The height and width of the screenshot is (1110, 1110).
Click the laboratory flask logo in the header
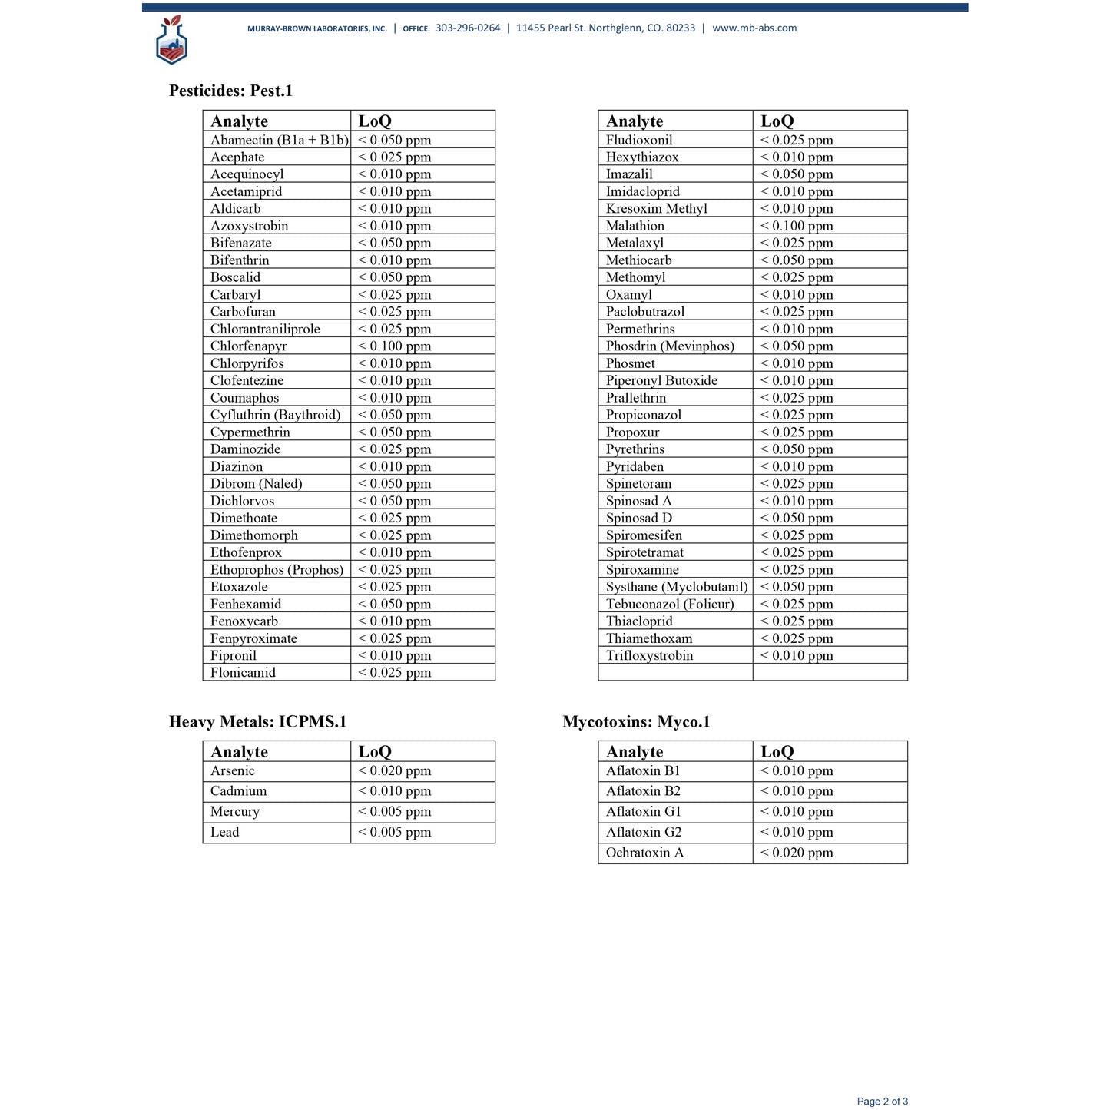coord(171,40)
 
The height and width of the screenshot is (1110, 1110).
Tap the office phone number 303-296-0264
coord(467,28)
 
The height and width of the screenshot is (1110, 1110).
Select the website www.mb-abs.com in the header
coord(754,28)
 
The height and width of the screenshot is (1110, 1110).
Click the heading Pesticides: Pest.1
coord(230,91)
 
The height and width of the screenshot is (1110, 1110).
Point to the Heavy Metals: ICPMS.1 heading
coord(257,722)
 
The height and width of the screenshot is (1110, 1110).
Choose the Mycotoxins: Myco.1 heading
coord(636,722)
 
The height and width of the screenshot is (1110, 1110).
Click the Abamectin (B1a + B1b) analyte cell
coord(279,140)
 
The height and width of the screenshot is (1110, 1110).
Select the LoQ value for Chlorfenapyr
coord(394,346)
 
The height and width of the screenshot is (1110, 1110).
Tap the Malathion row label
coord(635,226)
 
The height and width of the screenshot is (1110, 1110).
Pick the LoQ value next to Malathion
coord(797,226)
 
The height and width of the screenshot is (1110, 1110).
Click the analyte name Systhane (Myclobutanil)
coord(676,587)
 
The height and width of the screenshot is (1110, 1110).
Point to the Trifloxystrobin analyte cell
coord(649,656)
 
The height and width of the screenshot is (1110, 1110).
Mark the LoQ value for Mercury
coord(394,812)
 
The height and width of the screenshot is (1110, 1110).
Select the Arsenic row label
coord(233,771)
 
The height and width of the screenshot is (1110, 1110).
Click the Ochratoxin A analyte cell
coord(644,853)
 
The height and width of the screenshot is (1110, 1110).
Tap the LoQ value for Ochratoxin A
coord(797,853)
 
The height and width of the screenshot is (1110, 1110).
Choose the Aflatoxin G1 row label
coord(643,812)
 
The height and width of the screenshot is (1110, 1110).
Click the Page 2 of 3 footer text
coord(882,1102)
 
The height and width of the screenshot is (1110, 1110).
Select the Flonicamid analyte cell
coord(243,673)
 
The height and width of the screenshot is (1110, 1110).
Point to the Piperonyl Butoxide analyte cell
coord(661,381)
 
